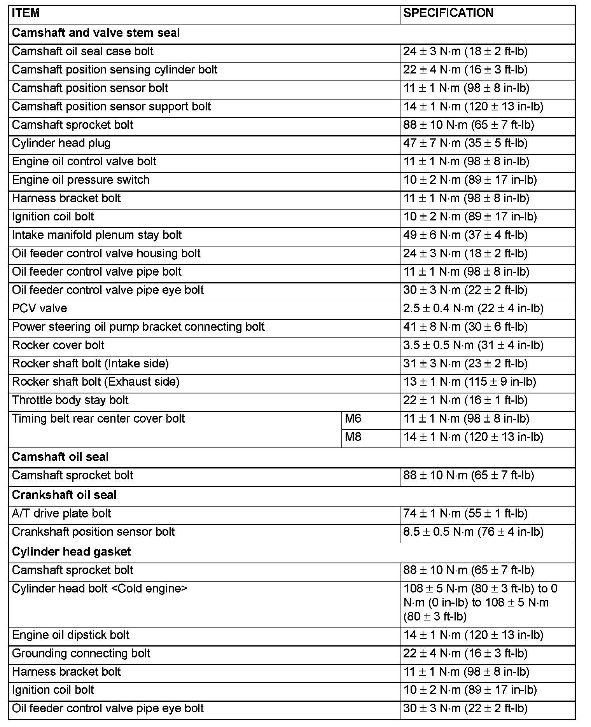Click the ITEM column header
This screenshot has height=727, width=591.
(26, 13)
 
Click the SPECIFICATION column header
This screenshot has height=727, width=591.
(448, 13)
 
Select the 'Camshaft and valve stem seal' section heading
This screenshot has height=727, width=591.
(96, 33)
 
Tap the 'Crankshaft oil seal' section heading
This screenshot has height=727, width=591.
(64, 495)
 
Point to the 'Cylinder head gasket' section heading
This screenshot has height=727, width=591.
(72, 552)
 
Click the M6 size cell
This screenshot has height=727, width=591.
(353, 419)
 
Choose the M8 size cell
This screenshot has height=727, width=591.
(353, 437)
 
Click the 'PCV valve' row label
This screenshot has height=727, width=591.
(40, 309)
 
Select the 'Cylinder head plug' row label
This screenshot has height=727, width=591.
(61, 143)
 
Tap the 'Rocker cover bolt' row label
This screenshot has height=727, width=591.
(58, 345)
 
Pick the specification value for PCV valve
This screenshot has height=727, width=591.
(473, 309)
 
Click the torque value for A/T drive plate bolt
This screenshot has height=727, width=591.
(465, 514)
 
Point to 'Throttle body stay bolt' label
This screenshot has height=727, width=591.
(70, 400)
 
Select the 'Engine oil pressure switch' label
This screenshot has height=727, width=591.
(81, 180)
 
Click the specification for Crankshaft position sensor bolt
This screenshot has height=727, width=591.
(473, 532)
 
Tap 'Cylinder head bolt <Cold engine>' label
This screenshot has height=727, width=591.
(100, 589)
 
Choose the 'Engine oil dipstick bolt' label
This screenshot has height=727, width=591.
(71, 635)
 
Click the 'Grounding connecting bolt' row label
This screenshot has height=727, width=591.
(81, 653)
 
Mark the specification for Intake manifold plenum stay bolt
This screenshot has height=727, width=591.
(465, 235)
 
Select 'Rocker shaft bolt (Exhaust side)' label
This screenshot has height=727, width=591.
(96, 382)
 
